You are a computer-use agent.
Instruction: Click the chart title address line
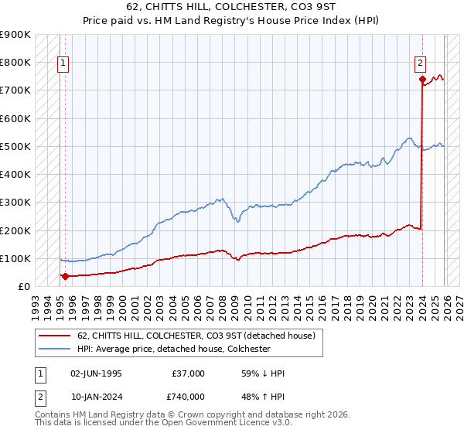pyautogui.click(x=231, y=6)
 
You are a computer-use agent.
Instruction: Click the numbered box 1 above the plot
pyautogui.click(x=64, y=64)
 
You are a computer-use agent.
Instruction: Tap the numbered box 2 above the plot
pyautogui.click(x=421, y=64)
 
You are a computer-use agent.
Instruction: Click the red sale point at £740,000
pyautogui.click(x=422, y=79)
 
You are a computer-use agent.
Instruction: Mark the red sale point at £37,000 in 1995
pyautogui.click(x=65, y=276)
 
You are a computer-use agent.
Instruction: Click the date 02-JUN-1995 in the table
pyautogui.click(x=96, y=373)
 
